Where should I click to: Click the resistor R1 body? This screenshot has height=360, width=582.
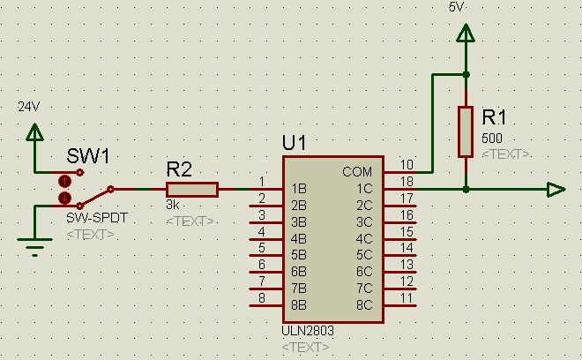pos(466,131)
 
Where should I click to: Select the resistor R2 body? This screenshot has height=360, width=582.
pos(192,190)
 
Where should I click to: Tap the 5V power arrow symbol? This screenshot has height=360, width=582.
pos(466,33)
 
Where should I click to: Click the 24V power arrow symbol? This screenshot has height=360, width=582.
pos(34,131)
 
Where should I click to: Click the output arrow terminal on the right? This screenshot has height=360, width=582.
pos(556,190)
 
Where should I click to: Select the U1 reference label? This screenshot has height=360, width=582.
pos(295,143)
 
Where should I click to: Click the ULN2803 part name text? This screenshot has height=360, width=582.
pos(308,330)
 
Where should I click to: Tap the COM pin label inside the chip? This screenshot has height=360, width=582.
pos(357,172)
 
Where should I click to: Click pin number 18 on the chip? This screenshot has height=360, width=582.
pos(407,181)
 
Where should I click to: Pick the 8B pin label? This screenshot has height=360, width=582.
pos(299,305)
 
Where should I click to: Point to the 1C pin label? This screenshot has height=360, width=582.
pos(364,189)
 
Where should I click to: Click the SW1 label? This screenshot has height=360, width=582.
pos(88,155)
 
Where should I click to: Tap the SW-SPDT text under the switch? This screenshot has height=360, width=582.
pos(97,218)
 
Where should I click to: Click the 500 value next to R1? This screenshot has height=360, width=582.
pos(492,139)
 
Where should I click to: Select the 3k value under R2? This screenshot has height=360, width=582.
pos(173,205)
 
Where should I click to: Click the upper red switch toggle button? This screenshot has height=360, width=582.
pos(65,181)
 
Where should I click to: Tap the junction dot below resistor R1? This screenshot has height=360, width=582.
pos(466,190)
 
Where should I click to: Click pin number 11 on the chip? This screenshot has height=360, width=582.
pos(407,297)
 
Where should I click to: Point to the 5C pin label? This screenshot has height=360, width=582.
pos(364,254)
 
